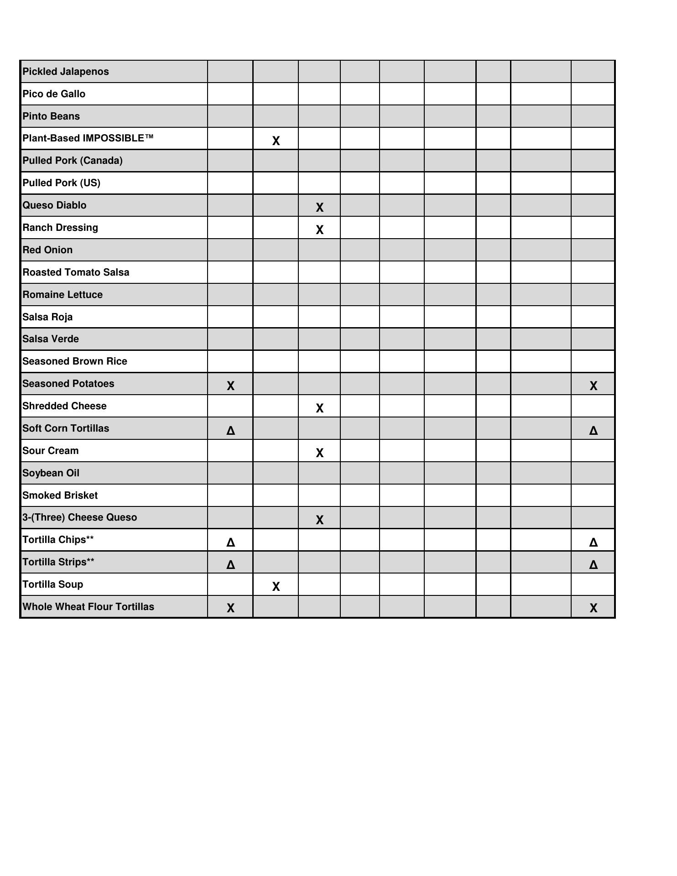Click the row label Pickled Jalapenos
pos(66,72)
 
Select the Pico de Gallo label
pos(54,94)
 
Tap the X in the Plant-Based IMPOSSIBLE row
pos(276,141)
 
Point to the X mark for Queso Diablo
pos(320,208)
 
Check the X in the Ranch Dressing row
pos(320,230)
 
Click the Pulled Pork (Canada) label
pos(73,161)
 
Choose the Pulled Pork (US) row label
pos(62,183)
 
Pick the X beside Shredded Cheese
pos(320,408)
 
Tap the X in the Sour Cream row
pos(320,453)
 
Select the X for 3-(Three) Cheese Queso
pos(320,520)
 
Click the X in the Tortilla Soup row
pos(276,587)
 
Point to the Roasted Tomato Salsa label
pos(76,272)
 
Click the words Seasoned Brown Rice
pos(75,361)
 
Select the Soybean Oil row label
pos(51,473)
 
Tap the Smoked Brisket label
pos(60,495)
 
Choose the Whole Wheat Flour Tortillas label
pos(89,607)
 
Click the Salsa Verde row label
pos(51,339)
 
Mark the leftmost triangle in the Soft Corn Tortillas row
pos(231,431)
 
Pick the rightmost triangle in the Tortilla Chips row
pos(594,542)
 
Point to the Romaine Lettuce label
pos(62,295)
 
